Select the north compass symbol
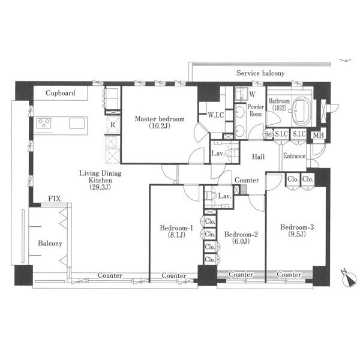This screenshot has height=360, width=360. click(349, 278)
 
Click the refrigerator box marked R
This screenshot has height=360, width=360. click(113, 125)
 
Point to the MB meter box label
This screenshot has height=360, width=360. click(318, 135)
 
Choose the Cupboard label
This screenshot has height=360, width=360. click(61, 93)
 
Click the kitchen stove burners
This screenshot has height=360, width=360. click(44, 123)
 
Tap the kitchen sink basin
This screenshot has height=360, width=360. click(77, 123)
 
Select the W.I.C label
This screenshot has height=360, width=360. click(216, 115)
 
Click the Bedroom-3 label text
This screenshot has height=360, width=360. click(297, 227)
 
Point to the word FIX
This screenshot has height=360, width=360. click(55, 199)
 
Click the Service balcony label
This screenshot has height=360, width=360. click(260, 73)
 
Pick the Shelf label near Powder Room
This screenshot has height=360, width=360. click(269, 134)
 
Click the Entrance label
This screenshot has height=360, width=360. click(294, 156)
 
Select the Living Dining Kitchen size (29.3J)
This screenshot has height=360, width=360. click(100, 187)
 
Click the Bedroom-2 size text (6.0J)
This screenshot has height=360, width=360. click(241, 241)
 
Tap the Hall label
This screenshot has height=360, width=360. click(258, 157)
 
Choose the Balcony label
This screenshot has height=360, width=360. click(50, 244)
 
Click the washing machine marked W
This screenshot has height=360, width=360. click(241, 94)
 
